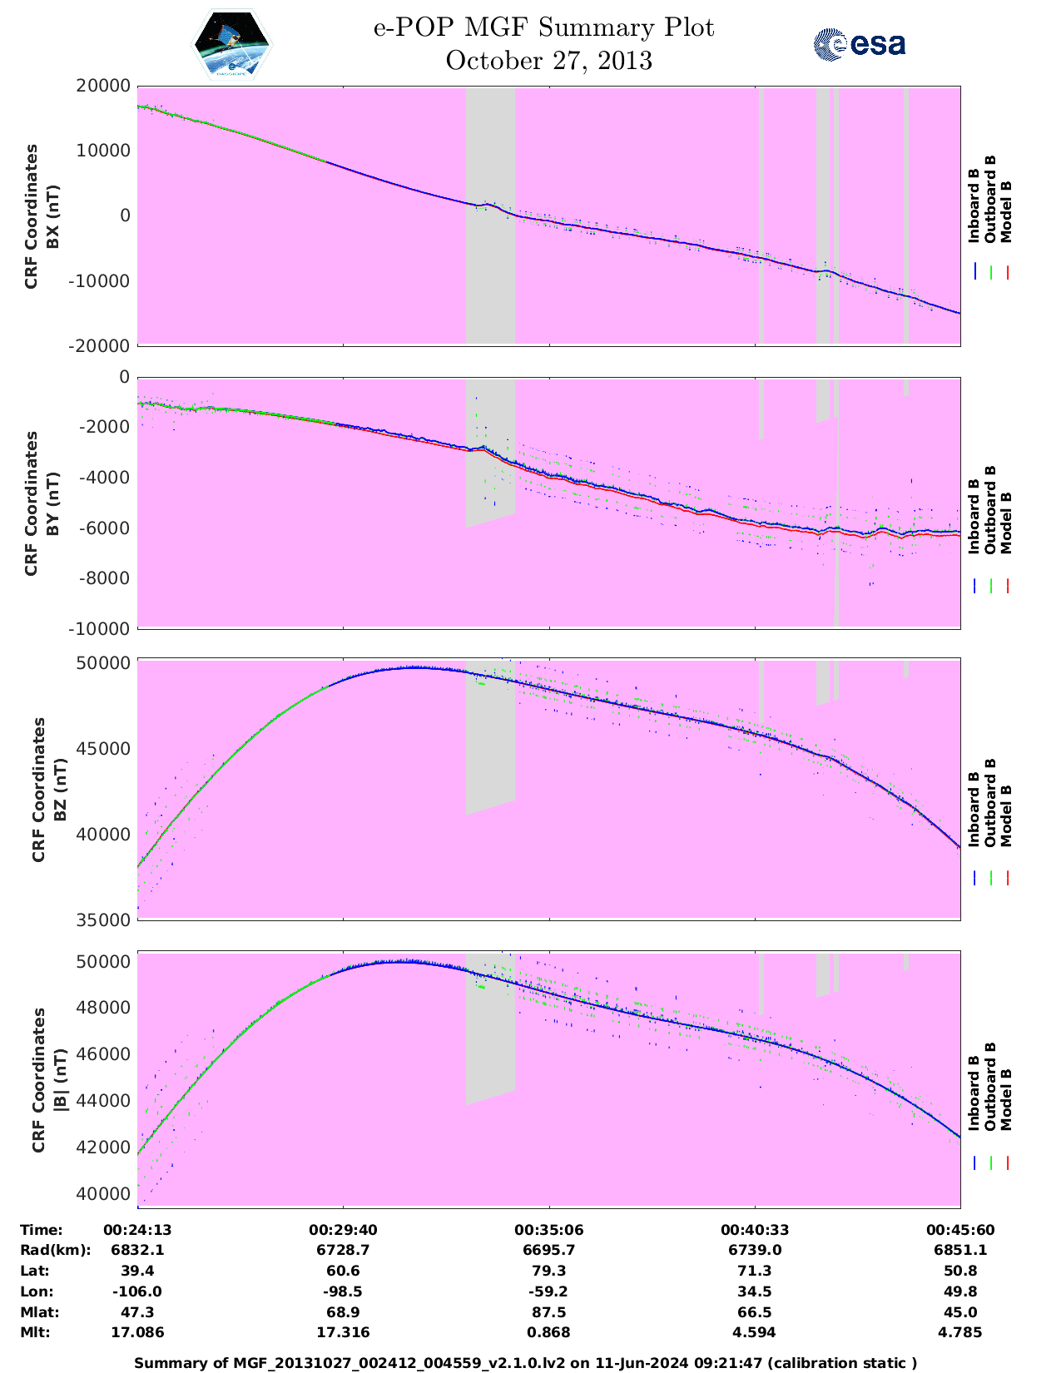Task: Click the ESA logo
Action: pyautogui.click(x=860, y=44)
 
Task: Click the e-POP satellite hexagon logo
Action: pyautogui.click(x=232, y=45)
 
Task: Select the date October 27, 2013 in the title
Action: pyautogui.click(x=548, y=61)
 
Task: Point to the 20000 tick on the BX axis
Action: pyautogui.click(x=103, y=86)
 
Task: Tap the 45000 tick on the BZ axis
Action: pyautogui.click(x=103, y=749)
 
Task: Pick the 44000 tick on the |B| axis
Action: pyautogui.click(x=103, y=1101)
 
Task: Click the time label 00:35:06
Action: pyautogui.click(x=548, y=1230)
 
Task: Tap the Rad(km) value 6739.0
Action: pyautogui.click(x=755, y=1250)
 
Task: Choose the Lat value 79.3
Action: pyautogui.click(x=548, y=1271)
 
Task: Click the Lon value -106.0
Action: pyautogui.click(x=137, y=1291)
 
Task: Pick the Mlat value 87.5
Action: pyautogui.click(x=548, y=1312)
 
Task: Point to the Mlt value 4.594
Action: pyautogui.click(x=755, y=1332)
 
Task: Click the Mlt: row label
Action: pyautogui.click(x=35, y=1332)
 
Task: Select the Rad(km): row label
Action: pyautogui.click(x=56, y=1250)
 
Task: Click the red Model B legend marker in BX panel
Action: pyautogui.click(x=1007, y=272)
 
